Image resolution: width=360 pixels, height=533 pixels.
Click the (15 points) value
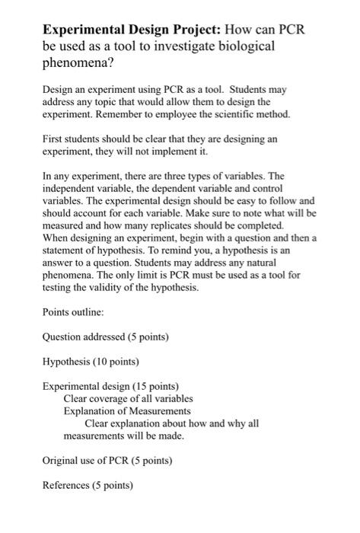155,385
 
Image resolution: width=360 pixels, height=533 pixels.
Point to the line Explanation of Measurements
126,411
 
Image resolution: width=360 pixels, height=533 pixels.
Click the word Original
62,460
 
